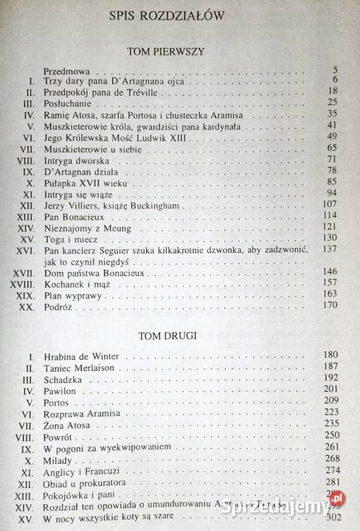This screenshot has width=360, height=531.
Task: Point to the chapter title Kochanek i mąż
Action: tap(80, 283)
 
